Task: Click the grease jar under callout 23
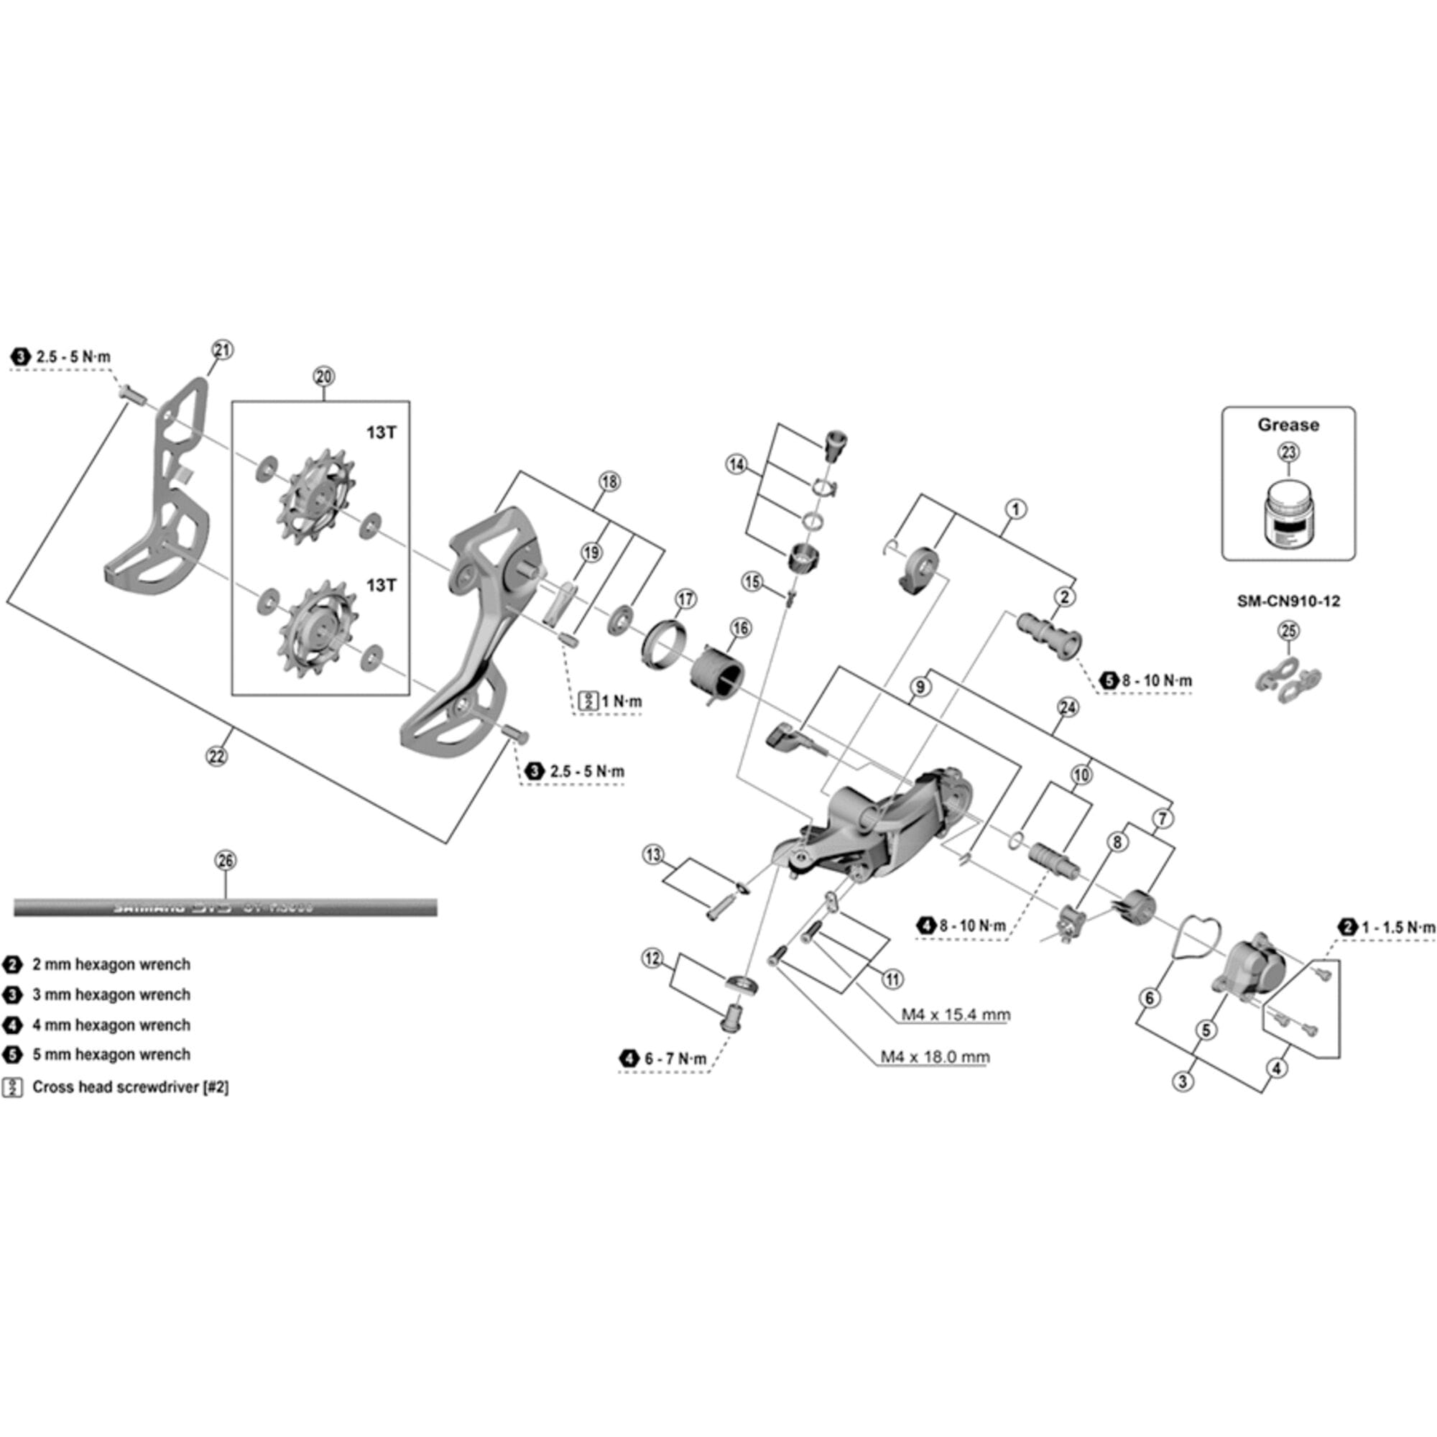click(x=1288, y=514)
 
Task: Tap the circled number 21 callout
click(x=223, y=350)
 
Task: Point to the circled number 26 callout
click(x=226, y=861)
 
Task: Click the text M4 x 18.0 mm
click(x=935, y=1057)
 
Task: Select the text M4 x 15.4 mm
click(x=955, y=1015)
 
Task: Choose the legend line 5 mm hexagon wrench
click(x=111, y=1055)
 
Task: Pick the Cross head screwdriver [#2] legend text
click(x=130, y=1087)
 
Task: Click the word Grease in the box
click(x=1288, y=425)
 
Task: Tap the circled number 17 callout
click(x=685, y=599)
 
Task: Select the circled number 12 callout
click(x=652, y=958)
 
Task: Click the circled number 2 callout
click(x=1064, y=596)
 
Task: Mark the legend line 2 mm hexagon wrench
click(x=111, y=965)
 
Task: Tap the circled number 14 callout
click(x=736, y=465)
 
